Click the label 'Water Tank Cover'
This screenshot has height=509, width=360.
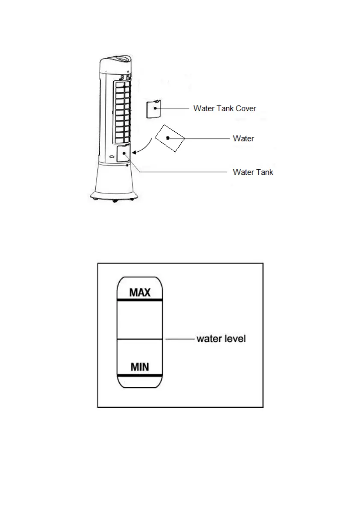224,109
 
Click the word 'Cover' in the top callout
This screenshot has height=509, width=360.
245,109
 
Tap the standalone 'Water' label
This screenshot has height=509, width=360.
243,138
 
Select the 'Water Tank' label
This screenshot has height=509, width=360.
253,172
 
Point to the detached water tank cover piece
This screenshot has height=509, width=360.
153,109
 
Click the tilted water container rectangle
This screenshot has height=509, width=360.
170,138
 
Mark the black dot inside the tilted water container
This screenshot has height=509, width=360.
168,138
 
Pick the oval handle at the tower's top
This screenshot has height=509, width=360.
117,59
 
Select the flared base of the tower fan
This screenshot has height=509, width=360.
114,182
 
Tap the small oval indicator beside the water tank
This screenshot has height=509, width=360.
112,156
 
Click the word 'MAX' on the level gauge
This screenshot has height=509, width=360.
140,293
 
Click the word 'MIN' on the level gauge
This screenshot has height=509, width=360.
140,367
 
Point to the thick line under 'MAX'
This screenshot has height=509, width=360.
139,300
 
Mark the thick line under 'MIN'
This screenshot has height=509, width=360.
139,375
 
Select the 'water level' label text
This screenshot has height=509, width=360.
221,339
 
